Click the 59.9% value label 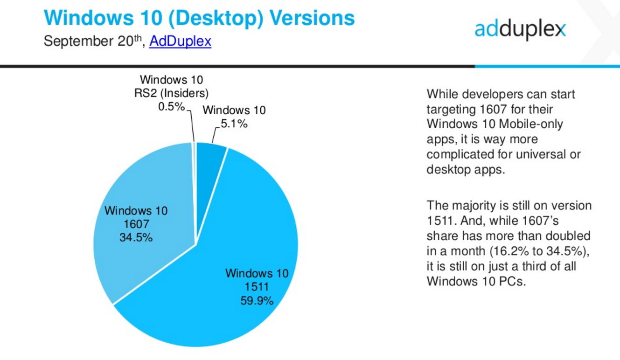tap(257, 301)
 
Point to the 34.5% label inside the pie tap(136, 238)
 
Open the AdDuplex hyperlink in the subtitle tap(180, 41)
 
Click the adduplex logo tap(520, 29)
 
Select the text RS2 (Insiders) tap(171, 93)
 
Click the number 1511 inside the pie tap(257, 287)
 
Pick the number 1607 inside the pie tap(136, 224)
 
